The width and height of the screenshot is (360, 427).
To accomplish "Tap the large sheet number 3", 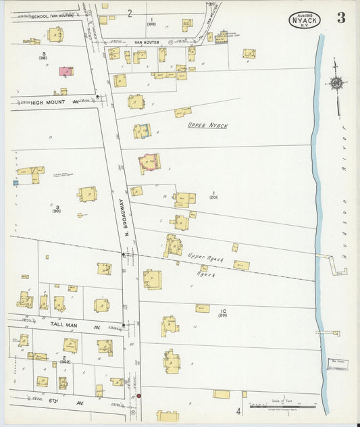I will [341, 18].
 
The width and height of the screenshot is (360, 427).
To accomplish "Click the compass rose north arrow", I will [336, 84].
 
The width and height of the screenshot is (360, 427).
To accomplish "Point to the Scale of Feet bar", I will [275, 406].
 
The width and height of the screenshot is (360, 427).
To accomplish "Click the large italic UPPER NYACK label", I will [207, 126].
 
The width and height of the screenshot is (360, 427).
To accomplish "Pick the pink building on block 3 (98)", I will [66, 71].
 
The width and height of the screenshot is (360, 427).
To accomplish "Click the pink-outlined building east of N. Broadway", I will [149, 162].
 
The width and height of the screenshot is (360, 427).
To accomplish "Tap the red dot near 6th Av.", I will [138, 396].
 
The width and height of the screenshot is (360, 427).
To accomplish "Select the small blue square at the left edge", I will [16, 182].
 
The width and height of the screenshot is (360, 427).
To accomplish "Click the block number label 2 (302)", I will [63, 359].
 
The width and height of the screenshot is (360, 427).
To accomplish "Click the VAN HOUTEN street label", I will [146, 42].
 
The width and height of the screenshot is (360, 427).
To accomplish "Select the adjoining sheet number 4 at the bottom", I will [238, 410].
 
